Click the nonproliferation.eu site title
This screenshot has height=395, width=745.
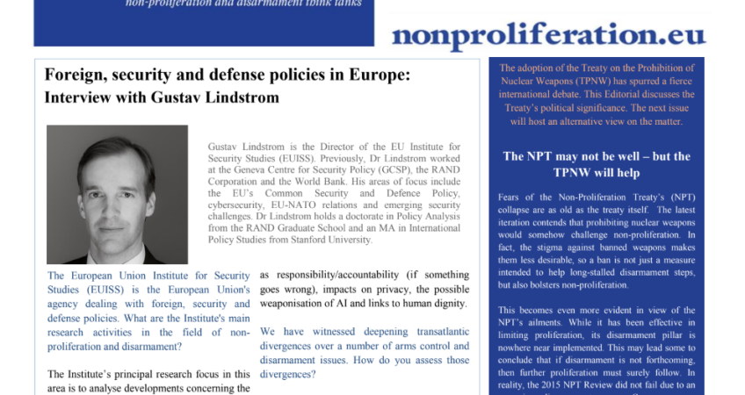coord(548,34)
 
